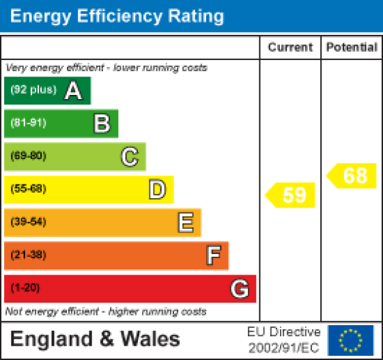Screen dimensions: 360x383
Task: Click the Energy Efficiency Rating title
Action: pyautogui.click(x=117, y=16)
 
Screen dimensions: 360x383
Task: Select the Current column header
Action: pyautogui.click(x=290, y=47)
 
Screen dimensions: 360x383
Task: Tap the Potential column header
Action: pyautogui.click(x=352, y=47)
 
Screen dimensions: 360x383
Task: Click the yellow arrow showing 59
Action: pyautogui.click(x=292, y=195)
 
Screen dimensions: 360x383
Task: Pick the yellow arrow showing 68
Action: pyautogui.click(x=352, y=176)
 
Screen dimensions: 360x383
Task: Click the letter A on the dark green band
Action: pyautogui.click(x=73, y=91)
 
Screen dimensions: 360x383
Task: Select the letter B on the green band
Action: pyautogui.click(x=102, y=124)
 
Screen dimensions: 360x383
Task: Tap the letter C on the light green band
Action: pyautogui.click(x=130, y=156)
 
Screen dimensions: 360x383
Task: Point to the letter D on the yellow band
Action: pyautogui.click(x=157, y=189)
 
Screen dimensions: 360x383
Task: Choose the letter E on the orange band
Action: pyautogui.click(x=185, y=222)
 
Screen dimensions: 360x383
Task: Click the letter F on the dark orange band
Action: pyautogui.click(x=213, y=255)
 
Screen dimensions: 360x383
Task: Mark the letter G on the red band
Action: pyautogui.click(x=239, y=289)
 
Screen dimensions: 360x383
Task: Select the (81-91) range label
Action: pyautogui.click(x=28, y=124)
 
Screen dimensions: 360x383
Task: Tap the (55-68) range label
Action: pyautogui.click(x=28, y=189)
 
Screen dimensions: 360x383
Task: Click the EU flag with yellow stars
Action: pyautogui.click(x=350, y=340)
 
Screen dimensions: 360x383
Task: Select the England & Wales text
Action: pyautogui.click(x=95, y=340)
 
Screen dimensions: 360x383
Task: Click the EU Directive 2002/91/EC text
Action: pyautogui.click(x=283, y=340)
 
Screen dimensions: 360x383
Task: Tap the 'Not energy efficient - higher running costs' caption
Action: pyautogui.click(x=106, y=311)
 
